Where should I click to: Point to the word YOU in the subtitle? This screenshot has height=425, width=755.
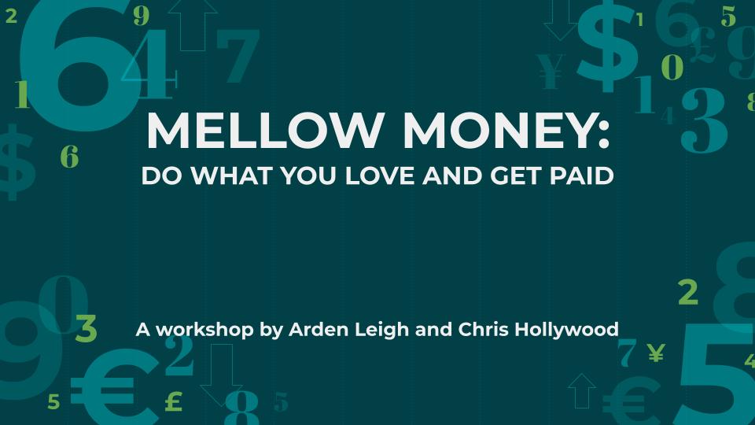[x=308, y=176]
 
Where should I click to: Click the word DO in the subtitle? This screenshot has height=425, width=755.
[x=162, y=176]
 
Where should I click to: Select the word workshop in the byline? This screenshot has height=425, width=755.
[x=204, y=330]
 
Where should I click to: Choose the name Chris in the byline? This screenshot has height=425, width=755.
[x=483, y=330]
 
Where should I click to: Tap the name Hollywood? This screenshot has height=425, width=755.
[x=567, y=331]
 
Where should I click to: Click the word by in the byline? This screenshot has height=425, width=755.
[x=271, y=331]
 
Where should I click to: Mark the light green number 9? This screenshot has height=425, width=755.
[x=142, y=17]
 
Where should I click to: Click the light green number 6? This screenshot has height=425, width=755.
[x=69, y=157]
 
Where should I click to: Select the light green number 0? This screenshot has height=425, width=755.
[x=672, y=66]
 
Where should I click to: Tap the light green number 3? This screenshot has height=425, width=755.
[x=87, y=329]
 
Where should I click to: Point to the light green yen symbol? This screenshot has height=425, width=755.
[x=656, y=353]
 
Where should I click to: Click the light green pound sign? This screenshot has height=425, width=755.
[x=174, y=401]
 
